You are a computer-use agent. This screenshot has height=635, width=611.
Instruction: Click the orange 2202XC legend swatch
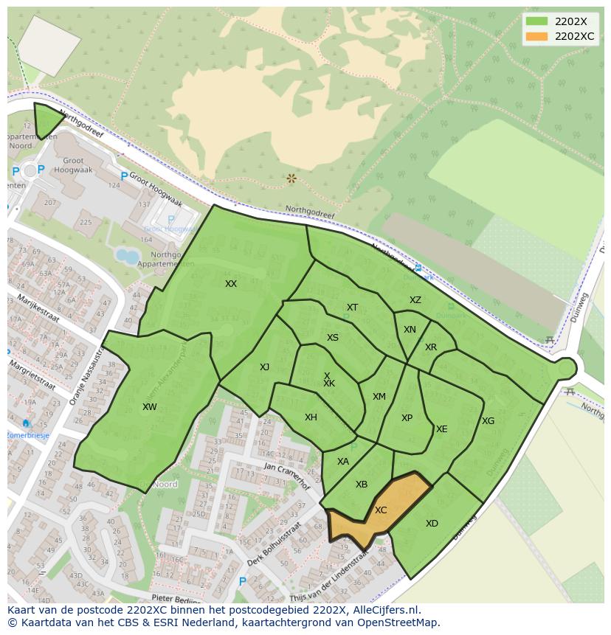(537, 36)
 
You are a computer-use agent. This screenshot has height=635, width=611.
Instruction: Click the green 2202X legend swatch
(537, 21)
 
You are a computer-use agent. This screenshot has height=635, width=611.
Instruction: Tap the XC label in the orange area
(381, 510)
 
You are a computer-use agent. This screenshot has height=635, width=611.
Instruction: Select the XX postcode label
(231, 284)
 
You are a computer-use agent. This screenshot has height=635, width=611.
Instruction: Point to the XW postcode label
(150, 407)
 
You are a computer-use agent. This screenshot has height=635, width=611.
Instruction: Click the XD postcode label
(432, 524)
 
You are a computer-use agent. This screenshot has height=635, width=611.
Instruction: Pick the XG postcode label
(488, 421)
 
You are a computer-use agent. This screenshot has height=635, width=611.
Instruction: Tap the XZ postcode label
(415, 300)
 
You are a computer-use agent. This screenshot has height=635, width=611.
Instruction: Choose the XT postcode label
(352, 308)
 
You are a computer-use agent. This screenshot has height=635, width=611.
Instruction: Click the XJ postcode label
(264, 367)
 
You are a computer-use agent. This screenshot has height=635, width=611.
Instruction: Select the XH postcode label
(311, 417)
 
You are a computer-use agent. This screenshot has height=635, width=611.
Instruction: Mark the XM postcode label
(379, 397)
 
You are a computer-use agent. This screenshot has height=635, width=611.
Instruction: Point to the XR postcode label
(431, 347)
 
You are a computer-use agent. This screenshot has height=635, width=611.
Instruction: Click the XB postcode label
(362, 485)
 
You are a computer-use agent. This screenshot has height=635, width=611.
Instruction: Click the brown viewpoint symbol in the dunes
(291, 178)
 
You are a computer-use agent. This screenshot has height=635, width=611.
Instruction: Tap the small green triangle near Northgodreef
(46, 119)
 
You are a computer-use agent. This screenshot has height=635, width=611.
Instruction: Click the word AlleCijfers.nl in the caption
(384, 610)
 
